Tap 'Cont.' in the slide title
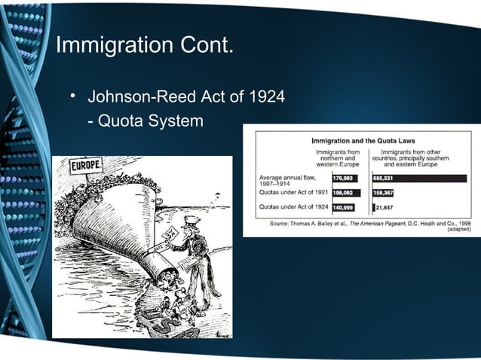click(x=208, y=44)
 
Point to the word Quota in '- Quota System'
click(x=120, y=121)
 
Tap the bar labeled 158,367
click(x=383, y=192)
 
